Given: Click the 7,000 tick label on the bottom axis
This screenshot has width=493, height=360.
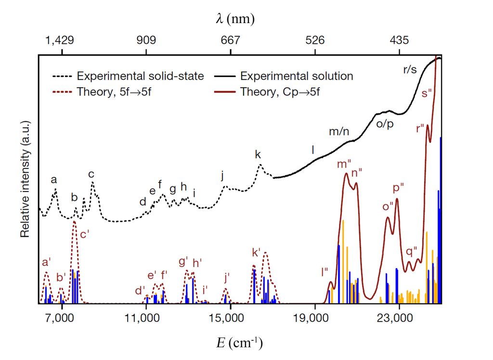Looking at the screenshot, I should click(x=61, y=318).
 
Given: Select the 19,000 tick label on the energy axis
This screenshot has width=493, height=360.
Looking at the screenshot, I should click(x=315, y=318).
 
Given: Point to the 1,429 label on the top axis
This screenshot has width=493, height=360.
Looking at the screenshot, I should click(x=61, y=40).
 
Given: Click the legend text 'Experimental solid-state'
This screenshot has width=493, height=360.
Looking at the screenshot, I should click(x=140, y=76).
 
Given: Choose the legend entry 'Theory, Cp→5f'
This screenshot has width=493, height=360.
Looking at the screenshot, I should click(x=280, y=91).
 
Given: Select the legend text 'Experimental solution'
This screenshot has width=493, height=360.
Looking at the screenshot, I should click(x=297, y=76).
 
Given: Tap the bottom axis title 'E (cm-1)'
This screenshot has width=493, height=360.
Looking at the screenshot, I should click(x=239, y=342).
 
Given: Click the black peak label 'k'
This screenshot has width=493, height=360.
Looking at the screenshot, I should click(x=258, y=154).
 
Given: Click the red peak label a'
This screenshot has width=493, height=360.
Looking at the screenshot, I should click(x=47, y=262).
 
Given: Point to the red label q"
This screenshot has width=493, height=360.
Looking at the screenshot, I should click(x=412, y=251).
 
